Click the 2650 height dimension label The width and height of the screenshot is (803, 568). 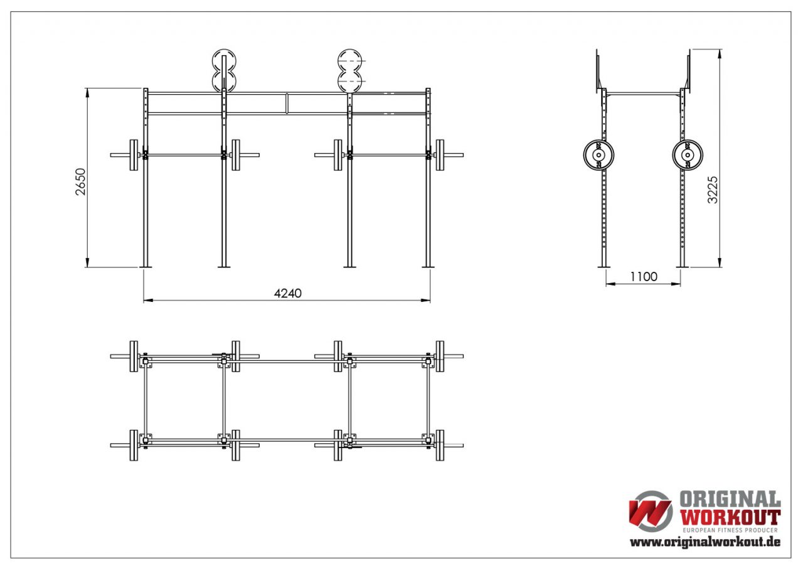80,181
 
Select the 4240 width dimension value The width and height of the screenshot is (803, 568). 288,293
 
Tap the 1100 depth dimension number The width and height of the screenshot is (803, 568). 643,276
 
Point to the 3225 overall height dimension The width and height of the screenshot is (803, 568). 713,189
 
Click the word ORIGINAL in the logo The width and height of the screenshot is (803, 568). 730,500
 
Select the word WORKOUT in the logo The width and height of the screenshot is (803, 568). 730,518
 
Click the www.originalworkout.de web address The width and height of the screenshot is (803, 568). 705,542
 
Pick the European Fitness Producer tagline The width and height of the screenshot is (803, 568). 730,530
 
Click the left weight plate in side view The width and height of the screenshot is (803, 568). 599,154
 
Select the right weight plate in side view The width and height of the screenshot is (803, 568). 688,154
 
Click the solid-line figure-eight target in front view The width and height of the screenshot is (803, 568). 223,70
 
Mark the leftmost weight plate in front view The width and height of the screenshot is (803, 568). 134,154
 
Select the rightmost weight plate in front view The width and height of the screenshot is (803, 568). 440,154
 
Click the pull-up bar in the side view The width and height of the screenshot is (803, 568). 643,94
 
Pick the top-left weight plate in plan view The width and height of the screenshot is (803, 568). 134,356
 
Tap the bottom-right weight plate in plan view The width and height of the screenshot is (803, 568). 440,445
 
